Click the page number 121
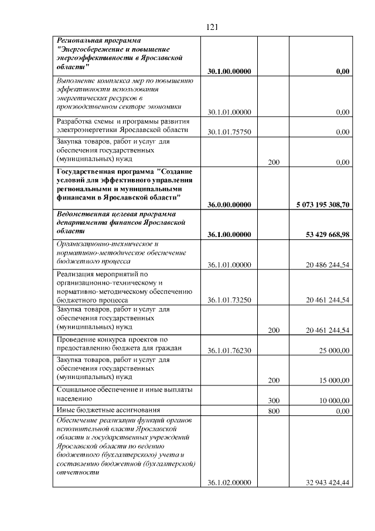click(x=213, y=27)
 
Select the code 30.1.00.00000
click(x=229, y=72)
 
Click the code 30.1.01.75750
click(x=229, y=132)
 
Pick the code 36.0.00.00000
click(x=229, y=205)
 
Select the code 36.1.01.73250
click(x=229, y=300)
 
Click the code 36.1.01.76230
click(x=229, y=351)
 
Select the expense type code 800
click(x=273, y=411)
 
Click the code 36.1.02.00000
click(x=229, y=482)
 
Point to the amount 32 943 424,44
click(x=328, y=482)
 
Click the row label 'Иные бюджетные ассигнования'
click(x=108, y=410)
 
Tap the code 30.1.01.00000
click(x=229, y=112)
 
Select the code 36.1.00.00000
click(x=229, y=235)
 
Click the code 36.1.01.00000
click(x=229, y=265)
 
